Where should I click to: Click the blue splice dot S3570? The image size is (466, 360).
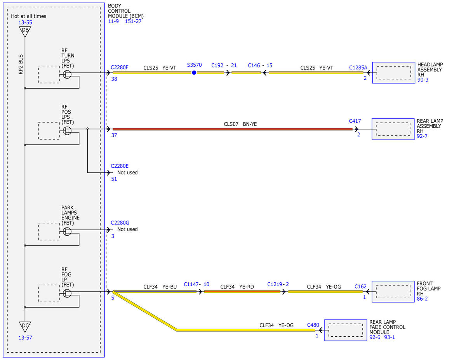(x=194, y=73)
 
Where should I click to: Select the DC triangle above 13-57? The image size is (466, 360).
(x=25, y=327)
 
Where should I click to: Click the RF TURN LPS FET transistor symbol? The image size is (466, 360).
(x=67, y=75)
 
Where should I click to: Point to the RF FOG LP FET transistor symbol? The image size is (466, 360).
(x=67, y=293)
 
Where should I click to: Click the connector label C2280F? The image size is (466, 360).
(x=120, y=67)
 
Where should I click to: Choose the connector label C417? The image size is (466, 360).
(x=355, y=121)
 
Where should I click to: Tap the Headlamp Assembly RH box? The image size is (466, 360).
(x=393, y=73)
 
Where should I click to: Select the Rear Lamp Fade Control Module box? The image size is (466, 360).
(x=346, y=330)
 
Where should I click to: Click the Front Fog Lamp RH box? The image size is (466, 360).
(x=393, y=292)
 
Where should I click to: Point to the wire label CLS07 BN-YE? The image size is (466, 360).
(x=240, y=124)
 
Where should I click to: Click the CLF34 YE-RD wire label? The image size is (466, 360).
(x=237, y=287)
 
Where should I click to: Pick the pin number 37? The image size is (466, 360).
(x=114, y=135)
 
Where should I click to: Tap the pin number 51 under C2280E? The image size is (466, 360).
(x=114, y=179)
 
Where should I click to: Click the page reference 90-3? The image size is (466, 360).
(x=423, y=80)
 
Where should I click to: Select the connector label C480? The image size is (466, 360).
(x=313, y=325)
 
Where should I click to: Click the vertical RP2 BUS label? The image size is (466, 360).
(x=21, y=64)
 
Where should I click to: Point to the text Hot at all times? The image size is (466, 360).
(x=28, y=16)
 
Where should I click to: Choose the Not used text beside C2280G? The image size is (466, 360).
(x=127, y=229)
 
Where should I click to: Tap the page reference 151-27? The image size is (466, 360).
(x=133, y=21)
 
